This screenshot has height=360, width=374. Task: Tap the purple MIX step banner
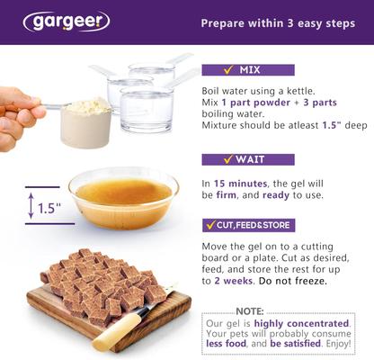pos(247,69)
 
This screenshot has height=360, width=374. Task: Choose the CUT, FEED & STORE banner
pos(247,224)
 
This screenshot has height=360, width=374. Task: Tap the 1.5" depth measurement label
pos(49,208)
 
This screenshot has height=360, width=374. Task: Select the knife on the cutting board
pos(126,325)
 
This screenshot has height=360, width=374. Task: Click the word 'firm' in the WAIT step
pos(227,195)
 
